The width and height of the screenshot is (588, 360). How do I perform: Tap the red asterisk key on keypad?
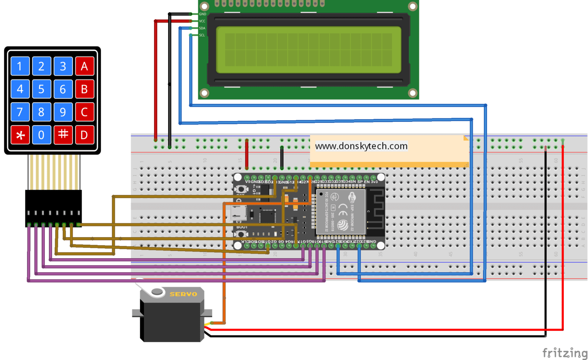click(20, 135)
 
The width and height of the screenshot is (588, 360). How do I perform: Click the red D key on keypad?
click(85, 135)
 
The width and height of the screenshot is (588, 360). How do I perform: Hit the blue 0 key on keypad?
click(41, 135)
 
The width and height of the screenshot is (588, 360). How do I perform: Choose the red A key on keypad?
click(85, 66)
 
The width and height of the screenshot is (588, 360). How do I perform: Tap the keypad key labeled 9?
click(63, 112)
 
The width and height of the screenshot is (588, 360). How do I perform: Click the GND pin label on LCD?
click(203, 14)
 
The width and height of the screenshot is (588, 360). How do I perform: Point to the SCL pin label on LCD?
click(202, 35)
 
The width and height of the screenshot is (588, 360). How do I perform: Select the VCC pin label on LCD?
click(202, 21)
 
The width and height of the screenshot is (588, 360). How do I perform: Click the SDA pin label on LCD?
click(202, 28)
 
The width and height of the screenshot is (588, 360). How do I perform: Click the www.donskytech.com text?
click(361, 146)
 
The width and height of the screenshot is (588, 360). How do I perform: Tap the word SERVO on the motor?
click(183, 294)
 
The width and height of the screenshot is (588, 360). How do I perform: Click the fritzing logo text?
click(564, 352)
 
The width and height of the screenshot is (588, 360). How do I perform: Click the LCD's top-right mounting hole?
click(412, 7)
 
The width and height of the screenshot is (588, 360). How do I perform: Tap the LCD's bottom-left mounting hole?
click(205, 93)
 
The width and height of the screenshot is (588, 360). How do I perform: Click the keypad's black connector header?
click(54, 208)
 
